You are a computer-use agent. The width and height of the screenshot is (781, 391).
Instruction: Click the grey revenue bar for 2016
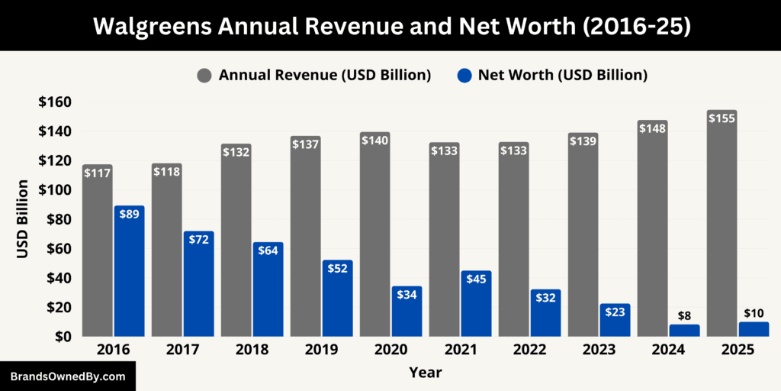coord(98,252)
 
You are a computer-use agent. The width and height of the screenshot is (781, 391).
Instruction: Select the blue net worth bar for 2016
coord(129,271)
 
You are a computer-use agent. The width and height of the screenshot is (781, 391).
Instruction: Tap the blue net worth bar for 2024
coord(684,331)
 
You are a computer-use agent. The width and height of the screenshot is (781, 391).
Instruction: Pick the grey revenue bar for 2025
coord(722,229)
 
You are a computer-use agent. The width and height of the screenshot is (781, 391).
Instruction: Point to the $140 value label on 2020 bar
coord(374,140)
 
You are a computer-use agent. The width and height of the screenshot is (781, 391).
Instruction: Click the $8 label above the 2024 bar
coord(684,315)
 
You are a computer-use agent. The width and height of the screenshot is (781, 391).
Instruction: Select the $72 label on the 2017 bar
coord(198,239)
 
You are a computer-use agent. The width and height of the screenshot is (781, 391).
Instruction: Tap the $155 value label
coord(722,118)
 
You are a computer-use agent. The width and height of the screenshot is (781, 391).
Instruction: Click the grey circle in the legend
coord(204,75)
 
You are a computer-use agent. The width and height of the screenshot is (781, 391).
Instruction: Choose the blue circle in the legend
coord(464,75)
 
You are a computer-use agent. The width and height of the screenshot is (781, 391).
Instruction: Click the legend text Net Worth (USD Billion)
coord(563,75)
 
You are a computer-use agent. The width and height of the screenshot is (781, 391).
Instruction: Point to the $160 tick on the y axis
coord(55,102)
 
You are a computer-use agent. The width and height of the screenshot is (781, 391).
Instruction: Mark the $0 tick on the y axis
coord(62,336)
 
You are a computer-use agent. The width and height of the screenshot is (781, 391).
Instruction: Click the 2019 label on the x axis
coord(321,350)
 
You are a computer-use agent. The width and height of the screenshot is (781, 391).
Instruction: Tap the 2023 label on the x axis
coord(599,350)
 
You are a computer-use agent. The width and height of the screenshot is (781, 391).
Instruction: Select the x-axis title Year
coord(425,373)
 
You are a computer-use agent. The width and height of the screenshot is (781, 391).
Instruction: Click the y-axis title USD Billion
coord(23,219)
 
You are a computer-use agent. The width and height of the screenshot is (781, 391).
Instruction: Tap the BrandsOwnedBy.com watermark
coord(68,376)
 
